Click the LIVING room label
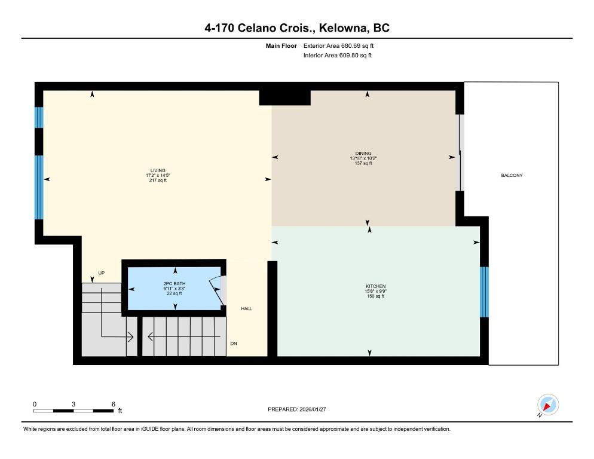[158, 170]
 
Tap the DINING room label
[363, 154]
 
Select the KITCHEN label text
[376, 286]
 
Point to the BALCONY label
[512, 175]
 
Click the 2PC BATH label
[174, 283]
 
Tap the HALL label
[247, 308]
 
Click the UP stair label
[102, 273]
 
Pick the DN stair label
[234, 344]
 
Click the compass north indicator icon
[548, 405]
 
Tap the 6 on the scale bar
[114, 404]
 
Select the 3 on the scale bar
[74, 404]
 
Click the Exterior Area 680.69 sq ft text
[339, 46]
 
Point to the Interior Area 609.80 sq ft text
[338, 56]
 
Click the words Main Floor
[281, 46]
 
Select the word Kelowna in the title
[344, 28]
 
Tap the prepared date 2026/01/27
[313, 409]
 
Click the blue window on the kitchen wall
[484, 292]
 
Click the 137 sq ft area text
[363, 163]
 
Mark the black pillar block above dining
[285, 98]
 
